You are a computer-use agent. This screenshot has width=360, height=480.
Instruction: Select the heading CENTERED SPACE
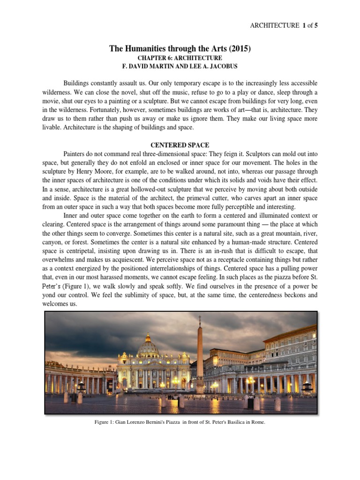tap(180, 145)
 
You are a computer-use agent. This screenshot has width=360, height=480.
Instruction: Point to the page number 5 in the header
tap(315, 25)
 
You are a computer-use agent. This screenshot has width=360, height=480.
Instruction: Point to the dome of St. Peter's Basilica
tap(148, 347)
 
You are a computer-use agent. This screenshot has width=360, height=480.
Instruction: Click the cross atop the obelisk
tap(200, 320)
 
